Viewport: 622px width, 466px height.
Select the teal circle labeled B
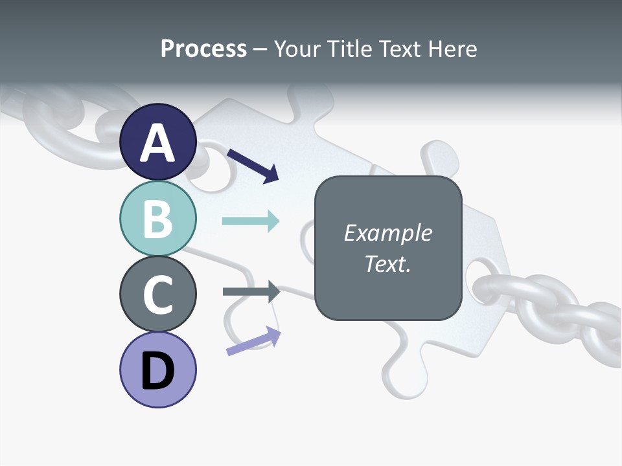click(158, 219)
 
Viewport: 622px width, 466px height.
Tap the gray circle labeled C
click(158, 294)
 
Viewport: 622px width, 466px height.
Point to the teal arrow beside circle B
click(251, 221)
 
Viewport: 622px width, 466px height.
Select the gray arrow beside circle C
click(251, 291)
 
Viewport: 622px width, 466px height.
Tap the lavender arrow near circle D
click(253, 341)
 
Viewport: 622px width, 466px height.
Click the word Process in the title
click(203, 49)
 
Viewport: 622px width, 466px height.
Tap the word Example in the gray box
click(387, 233)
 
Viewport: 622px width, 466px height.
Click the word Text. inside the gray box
click(387, 263)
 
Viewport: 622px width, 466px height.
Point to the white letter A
click(158, 143)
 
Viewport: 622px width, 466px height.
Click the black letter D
click(158, 372)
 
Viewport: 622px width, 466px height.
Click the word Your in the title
click(295, 49)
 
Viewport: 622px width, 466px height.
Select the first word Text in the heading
click(398, 49)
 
